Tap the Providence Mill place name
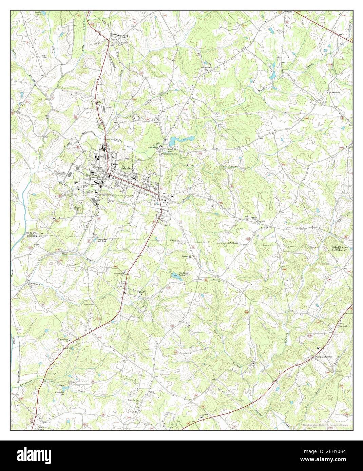click(169, 153)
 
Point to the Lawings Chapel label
click(252, 218)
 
